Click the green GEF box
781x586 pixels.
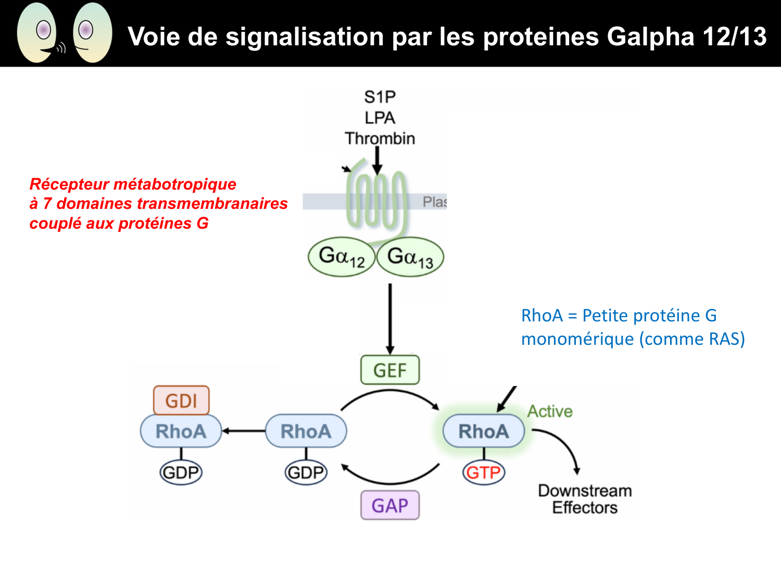coord(390,370)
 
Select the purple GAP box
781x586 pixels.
coord(390,505)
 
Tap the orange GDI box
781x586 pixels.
coord(181,401)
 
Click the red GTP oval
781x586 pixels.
coord(484,472)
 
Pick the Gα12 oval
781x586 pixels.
coord(342,257)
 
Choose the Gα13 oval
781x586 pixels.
coord(410,257)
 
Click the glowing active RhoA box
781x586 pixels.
coord(483,431)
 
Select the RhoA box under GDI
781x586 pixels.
coord(181,431)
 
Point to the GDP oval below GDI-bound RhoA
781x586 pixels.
coord(181,472)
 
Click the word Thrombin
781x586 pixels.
coord(380,139)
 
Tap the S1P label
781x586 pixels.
coord(380,97)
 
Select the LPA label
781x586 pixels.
coord(380,118)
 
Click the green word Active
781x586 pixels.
coord(550,412)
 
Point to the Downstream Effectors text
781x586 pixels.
coord(585,499)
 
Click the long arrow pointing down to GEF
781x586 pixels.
coord(390,318)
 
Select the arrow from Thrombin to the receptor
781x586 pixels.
coord(377,159)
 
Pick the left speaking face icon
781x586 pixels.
coord(37,33)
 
